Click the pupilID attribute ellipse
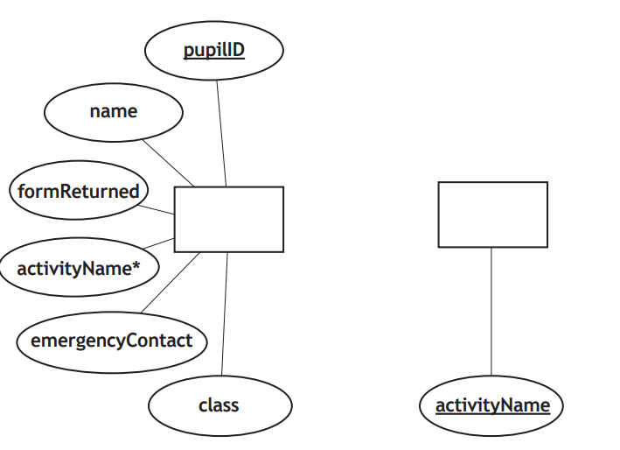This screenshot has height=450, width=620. point(213,51)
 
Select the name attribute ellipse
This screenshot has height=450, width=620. point(114,112)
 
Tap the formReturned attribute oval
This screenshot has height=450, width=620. point(78,191)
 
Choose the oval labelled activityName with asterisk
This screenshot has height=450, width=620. point(80,268)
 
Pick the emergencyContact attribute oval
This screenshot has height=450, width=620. point(112,341)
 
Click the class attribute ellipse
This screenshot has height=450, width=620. point(219,405)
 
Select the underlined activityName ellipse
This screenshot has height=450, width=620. point(491,405)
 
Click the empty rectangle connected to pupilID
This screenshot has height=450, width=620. point(229,219)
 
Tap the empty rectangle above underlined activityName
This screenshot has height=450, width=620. point(492,214)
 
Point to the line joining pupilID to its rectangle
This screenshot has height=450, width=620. point(221,131)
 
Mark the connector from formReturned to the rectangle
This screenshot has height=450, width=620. point(160,208)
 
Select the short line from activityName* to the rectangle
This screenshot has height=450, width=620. point(161,243)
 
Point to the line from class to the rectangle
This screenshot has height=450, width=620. point(225,315)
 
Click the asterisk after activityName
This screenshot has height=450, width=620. point(136,266)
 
